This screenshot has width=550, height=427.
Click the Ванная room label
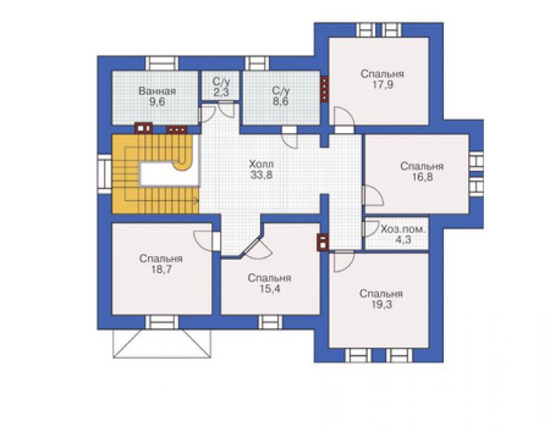click(157, 91)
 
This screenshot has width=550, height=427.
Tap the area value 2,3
click(221, 93)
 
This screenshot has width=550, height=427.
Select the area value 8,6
click(281, 102)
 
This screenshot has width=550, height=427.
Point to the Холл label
click(261, 164)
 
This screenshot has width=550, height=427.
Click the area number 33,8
click(262, 175)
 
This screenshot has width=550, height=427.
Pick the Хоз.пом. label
click(403, 229)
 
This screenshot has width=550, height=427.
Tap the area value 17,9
click(382, 85)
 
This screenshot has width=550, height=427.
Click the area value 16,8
click(422, 177)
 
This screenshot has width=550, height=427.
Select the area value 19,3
click(381, 304)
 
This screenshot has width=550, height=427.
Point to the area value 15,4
click(269, 289)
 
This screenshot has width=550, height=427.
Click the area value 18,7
click(161, 270)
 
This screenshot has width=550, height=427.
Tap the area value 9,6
click(157, 102)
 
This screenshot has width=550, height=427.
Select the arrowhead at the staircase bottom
click(196, 201)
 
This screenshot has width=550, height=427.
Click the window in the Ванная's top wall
click(162, 63)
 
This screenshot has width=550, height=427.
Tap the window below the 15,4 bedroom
click(271, 322)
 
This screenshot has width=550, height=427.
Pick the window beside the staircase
click(104, 175)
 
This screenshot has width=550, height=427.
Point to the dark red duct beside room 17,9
click(325, 89)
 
